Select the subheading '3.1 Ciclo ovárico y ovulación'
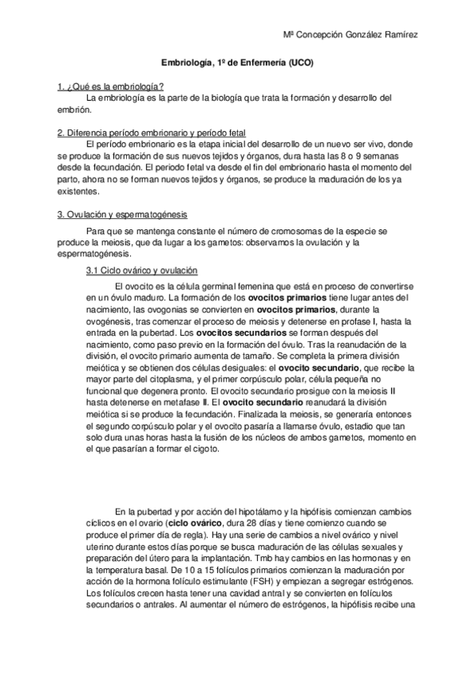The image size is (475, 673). pyautogui.click(x=141, y=271)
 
